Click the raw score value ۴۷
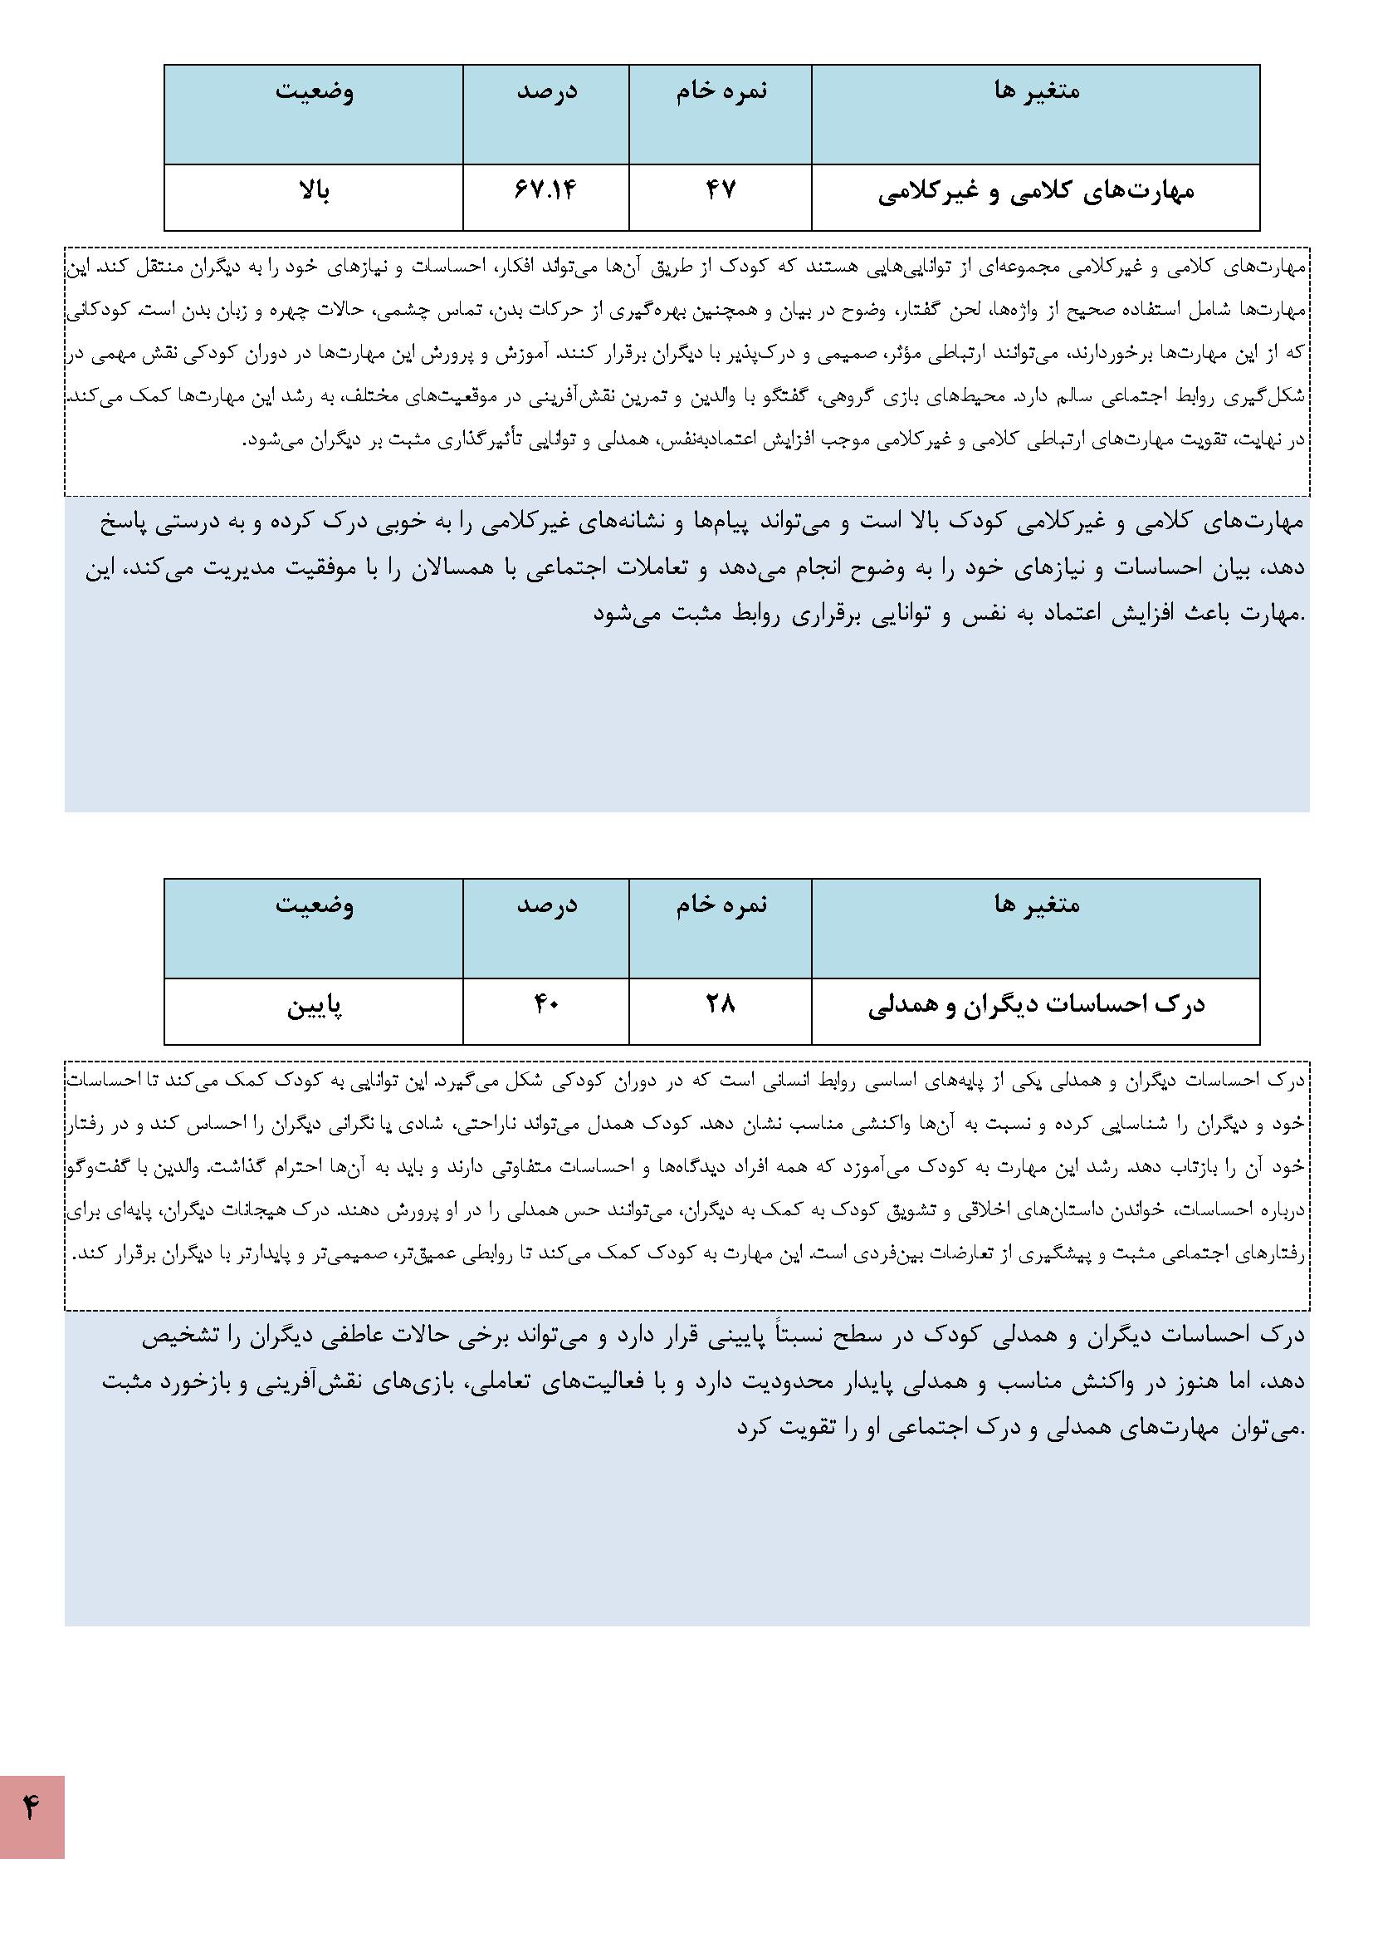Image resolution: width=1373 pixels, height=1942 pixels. pyautogui.click(x=721, y=190)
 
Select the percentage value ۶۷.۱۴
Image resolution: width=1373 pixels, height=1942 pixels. pyautogui.click(x=545, y=190)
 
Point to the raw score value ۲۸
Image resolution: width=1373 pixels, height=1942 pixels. pyautogui.click(x=721, y=1004)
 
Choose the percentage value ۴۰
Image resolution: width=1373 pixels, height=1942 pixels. pyautogui.click(x=545, y=1004)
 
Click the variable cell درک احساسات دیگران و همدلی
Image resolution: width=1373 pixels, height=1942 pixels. pyautogui.click(x=1036, y=1006)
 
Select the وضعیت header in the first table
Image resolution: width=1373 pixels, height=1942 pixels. pyautogui.click(x=314, y=91)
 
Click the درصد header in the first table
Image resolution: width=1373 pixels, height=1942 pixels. pyautogui.click(x=547, y=91)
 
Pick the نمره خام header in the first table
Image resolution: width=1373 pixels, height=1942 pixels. pyautogui.click(x=721, y=91)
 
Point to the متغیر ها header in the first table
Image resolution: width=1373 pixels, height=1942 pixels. pyautogui.click(x=1037, y=91)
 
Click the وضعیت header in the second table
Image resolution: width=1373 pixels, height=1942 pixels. pyautogui.click(x=314, y=905)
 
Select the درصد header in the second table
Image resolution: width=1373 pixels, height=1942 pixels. pyautogui.click(x=547, y=905)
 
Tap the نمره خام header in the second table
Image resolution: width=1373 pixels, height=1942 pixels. pyautogui.click(x=721, y=905)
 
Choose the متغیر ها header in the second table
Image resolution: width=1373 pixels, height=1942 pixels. pyautogui.click(x=1037, y=905)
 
